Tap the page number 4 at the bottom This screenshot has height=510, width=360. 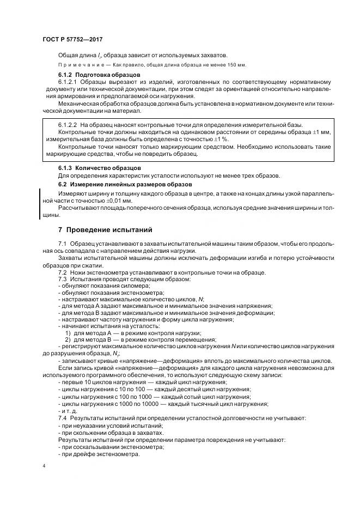pyautogui.click(x=44, y=466)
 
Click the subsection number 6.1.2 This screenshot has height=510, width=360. pyautogui.click(x=66, y=74)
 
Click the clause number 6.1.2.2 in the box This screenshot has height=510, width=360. pyautogui.click(x=69, y=125)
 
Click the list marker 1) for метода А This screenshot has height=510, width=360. pyautogui.click(x=68, y=332)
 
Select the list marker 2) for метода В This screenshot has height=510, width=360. pyautogui.click(x=68, y=339)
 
